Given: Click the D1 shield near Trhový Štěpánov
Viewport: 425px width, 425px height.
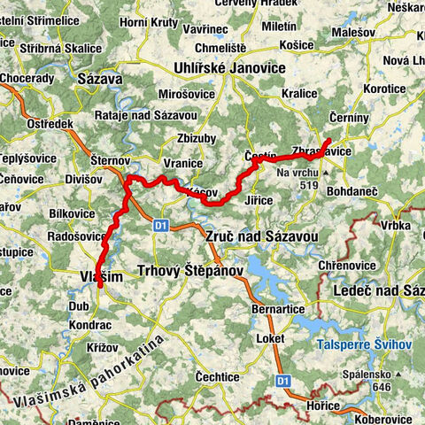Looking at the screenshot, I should click(161, 225).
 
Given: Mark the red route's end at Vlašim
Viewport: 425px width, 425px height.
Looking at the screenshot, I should click(100, 285).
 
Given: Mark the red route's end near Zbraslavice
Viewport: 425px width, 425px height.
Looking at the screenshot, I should click(329, 140).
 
